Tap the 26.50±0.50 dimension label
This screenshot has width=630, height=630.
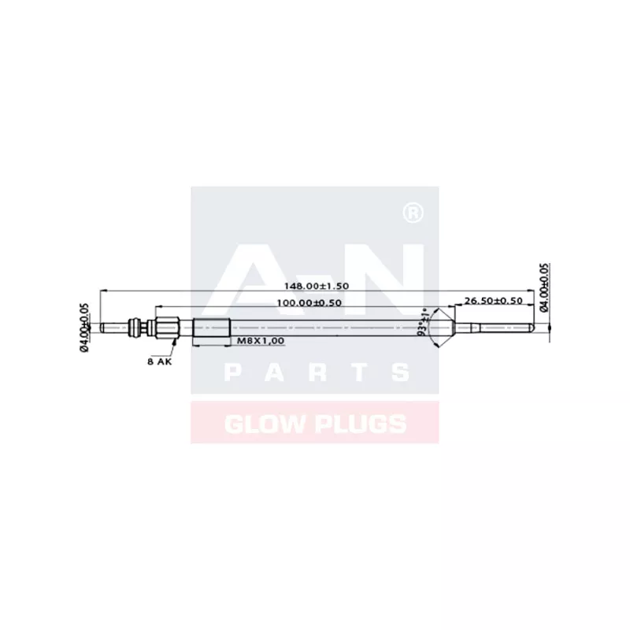tap(494, 301)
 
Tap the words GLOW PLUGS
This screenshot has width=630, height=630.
tap(315, 424)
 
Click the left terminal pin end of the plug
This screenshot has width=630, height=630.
tap(104, 327)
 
